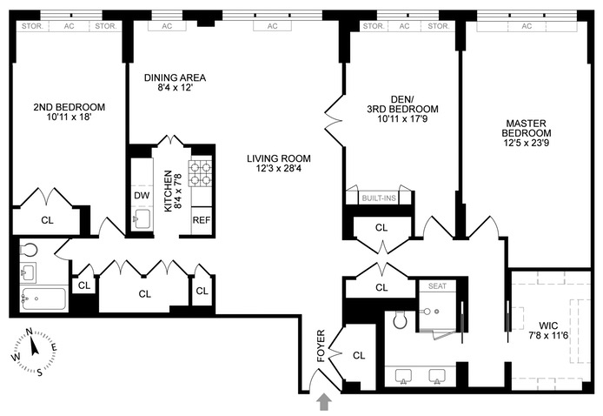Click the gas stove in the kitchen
click(200, 173)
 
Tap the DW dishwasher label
click(142, 195)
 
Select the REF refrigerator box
click(202, 220)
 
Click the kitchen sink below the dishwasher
click(142, 219)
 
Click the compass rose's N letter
click(29, 332)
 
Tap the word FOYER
click(321, 346)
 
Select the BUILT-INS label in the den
click(379, 198)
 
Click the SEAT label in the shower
click(437, 285)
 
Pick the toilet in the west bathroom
click(28, 251)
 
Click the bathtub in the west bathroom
click(43, 299)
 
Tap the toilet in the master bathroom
click(400, 319)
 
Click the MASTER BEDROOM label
click(526, 128)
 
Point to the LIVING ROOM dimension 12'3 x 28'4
click(279, 168)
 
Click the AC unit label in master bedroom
click(527, 26)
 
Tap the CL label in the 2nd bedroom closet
click(47, 220)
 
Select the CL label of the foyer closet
click(359, 355)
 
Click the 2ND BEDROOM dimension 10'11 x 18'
click(69, 117)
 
